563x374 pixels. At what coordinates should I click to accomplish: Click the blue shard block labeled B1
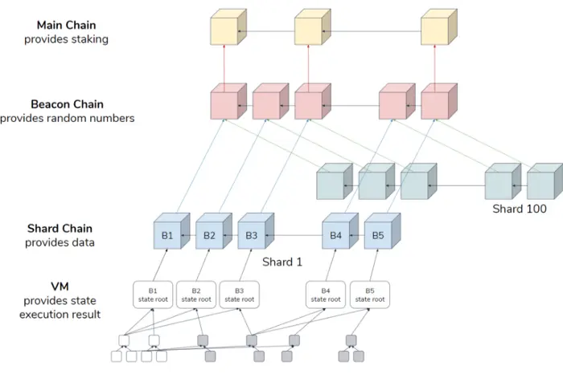point(171,231)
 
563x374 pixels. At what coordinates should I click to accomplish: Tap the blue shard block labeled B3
point(256,231)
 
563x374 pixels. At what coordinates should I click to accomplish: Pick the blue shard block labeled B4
point(340,231)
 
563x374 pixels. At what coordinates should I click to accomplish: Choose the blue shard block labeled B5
point(382,231)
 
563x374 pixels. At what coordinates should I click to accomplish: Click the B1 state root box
point(153,295)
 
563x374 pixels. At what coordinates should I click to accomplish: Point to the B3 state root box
point(240,295)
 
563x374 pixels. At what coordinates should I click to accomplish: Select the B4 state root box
point(326,295)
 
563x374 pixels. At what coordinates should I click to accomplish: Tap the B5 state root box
point(370,295)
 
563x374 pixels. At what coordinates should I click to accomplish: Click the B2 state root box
point(196,295)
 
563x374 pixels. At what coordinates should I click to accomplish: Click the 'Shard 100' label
point(520,209)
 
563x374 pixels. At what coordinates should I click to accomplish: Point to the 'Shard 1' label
point(282,262)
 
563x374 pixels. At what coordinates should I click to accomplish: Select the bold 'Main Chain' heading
point(67,25)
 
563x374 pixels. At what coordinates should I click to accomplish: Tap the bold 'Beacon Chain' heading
point(67,104)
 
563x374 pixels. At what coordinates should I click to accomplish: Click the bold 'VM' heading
point(60,287)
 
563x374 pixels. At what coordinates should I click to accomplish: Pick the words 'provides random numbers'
point(67,118)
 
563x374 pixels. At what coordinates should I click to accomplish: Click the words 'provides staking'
point(67,39)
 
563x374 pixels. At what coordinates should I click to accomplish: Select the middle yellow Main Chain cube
point(312,26)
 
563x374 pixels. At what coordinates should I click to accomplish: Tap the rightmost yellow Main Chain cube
point(439,26)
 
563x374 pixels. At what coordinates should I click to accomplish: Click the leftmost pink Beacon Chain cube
point(228,101)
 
